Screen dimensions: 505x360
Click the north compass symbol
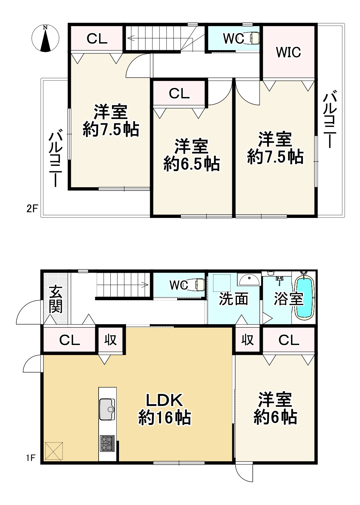tap(45, 38)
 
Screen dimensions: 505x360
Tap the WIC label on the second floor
tap(288, 52)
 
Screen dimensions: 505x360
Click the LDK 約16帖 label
tap(164, 409)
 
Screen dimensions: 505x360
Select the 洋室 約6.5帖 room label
tap(192, 155)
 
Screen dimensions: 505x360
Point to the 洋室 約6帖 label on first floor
tap(275, 408)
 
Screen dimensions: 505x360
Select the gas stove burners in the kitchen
tap(107, 444)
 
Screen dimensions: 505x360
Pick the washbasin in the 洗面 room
tap(249, 279)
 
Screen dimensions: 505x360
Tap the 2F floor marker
tap(32, 209)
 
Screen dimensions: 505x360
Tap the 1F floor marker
tap(30, 458)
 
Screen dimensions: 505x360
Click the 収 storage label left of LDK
tap(110, 340)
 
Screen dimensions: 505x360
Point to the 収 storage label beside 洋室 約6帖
tap(247, 340)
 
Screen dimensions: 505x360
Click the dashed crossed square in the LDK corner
tap(54, 451)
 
